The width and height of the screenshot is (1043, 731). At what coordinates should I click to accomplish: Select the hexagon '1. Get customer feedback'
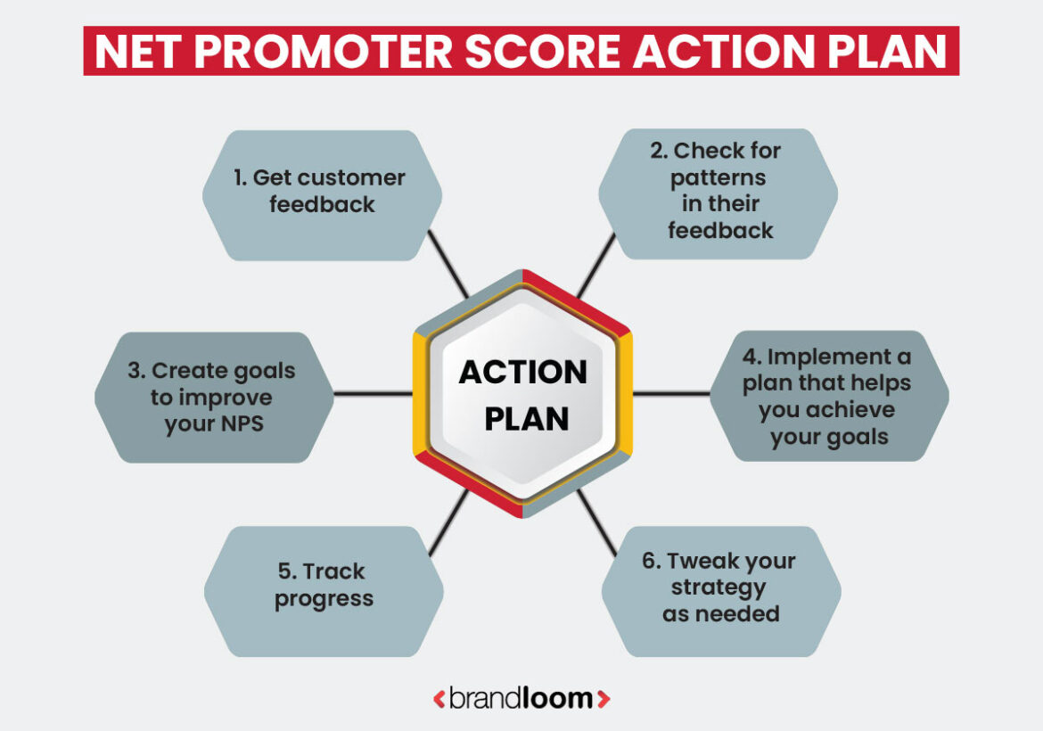coord(322,192)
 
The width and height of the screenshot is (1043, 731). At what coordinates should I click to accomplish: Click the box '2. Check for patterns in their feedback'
coord(719,192)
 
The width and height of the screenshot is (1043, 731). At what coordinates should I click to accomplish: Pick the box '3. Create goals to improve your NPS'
coord(215,398)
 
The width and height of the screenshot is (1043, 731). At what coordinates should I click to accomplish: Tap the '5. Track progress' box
coord(324,586)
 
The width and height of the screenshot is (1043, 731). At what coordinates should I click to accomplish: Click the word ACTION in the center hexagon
coord(522,372)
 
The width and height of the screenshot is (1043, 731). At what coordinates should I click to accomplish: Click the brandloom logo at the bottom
coord(521,699)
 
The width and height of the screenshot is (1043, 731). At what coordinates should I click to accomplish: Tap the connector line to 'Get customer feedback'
coord(448,264)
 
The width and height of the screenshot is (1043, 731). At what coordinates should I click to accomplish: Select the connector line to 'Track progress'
coord(448,522)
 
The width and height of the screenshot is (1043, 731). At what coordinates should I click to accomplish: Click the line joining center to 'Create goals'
coord(373,393)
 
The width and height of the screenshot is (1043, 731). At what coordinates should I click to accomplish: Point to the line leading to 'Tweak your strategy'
coord(595,522)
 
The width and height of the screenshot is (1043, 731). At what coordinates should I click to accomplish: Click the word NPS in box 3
coord(241,424)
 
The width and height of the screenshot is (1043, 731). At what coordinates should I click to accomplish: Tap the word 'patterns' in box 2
coord(719,177)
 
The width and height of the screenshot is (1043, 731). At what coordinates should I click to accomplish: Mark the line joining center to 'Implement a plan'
coord(671,393)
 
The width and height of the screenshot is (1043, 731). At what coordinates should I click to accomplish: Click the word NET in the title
coord(136,52)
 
